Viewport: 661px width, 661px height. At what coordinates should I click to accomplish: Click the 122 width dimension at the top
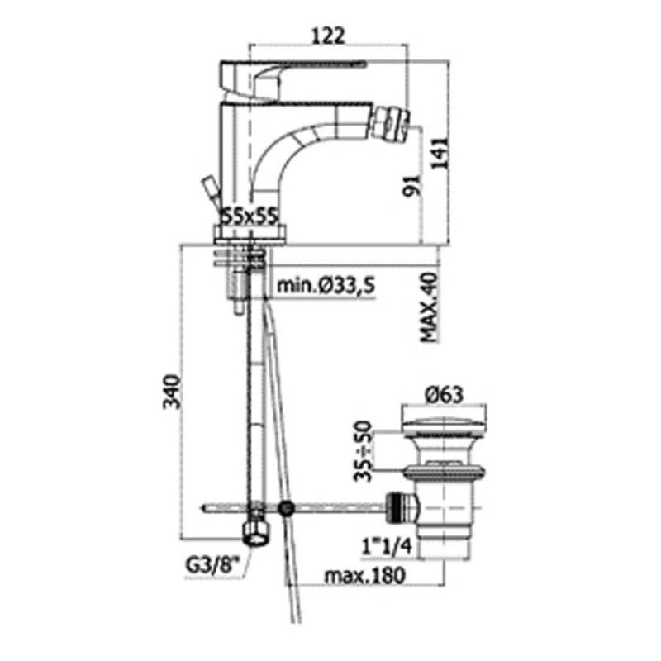pyautogui.click(x=328, y=36)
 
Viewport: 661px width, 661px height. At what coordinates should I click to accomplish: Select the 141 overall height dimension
pyautogui.click(x=440, y=154)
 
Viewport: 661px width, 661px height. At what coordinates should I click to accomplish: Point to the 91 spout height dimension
pyautogui.click(x=412, y=184)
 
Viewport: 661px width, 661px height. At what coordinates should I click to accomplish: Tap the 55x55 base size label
pyautogui.click(x=250, y=217)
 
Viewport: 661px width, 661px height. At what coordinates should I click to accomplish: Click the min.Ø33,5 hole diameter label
pyautogui.click(x=326, y=286)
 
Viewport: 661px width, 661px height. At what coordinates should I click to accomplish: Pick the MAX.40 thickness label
pyautogui.click(x=430, y=307)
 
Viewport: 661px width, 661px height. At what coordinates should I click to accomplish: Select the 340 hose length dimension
pyautogui.click(x=172, y=391)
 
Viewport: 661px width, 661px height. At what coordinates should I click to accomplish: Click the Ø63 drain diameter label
pyautogui.click(x=445, y=395)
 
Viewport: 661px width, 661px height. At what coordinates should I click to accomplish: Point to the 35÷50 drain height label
pyautogui.click(x=363, y=450)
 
